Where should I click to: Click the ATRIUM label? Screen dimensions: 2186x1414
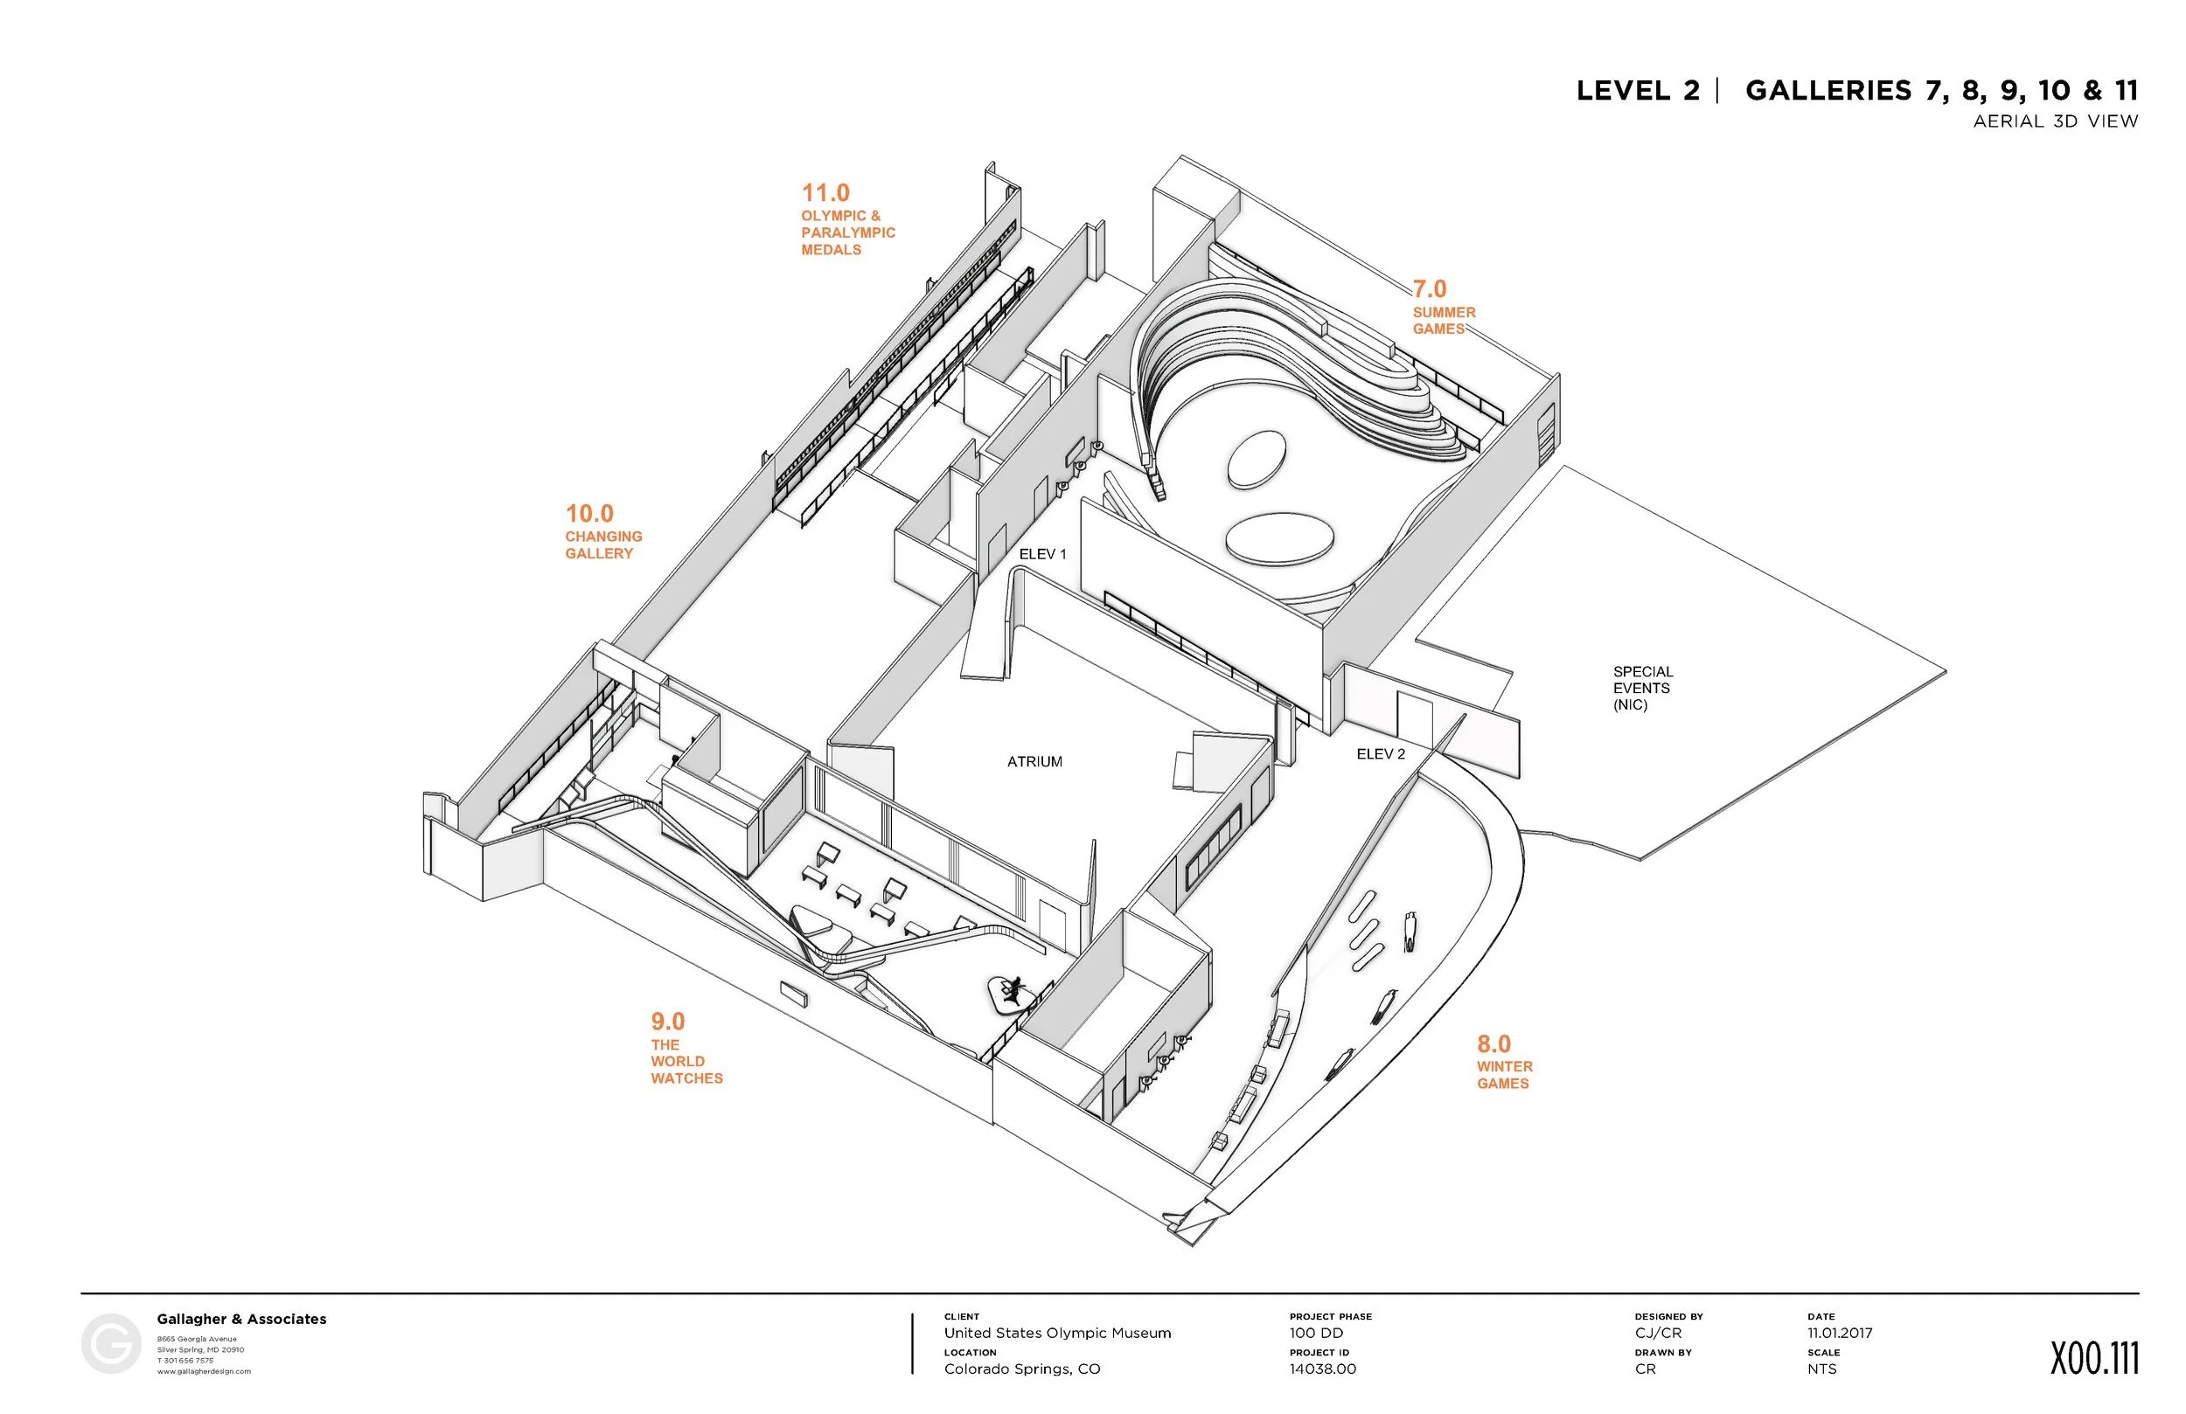(1034, 762)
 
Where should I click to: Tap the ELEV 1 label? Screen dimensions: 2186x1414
(1042, 555)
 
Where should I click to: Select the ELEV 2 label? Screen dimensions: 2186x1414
(1381, 755)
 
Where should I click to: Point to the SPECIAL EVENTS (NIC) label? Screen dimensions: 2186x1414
(1643, 689)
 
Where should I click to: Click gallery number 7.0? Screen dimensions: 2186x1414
(1429, 289)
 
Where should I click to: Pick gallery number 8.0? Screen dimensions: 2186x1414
(1493, 1044)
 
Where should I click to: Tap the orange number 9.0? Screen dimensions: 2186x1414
(668, 1022)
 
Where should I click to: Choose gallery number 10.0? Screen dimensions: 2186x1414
(588, 514)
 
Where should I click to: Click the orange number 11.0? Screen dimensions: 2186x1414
(825, 194)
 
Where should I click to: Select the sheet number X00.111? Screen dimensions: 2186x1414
(2094, 1359)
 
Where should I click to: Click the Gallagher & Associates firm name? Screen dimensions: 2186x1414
(241, 1320)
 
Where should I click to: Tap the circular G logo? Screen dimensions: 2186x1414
(111, 1344)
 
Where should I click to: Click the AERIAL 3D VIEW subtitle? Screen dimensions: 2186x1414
(2056, 121)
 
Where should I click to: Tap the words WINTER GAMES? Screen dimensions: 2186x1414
(1505, 1075)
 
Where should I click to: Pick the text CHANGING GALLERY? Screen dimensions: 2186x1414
(603, 544)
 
